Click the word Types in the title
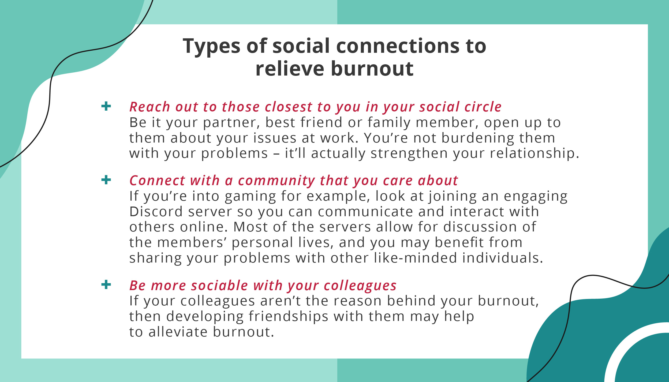(x=211, y=47)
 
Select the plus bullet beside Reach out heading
(x=106, y=106)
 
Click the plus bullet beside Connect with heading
(x=106, y=180)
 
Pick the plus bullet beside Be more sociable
(x=106, y=284)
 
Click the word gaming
(x=250, y=197)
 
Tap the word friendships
(x=288, y=317)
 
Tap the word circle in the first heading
(x=483, y=107)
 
